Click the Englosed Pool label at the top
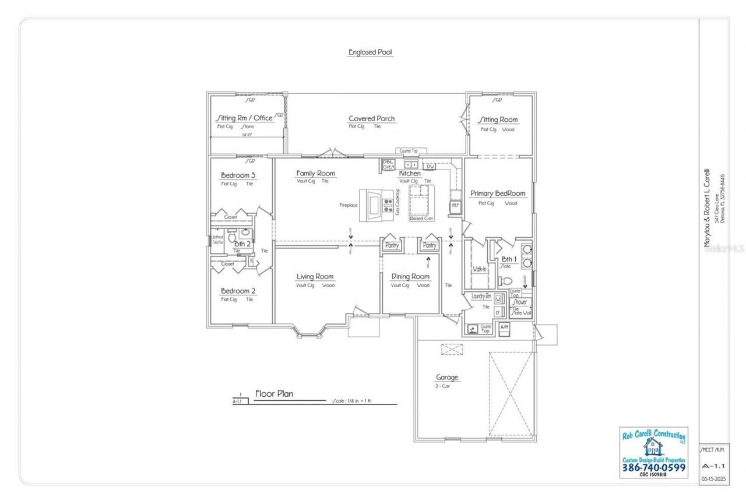pos(371,52)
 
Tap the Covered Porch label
pos(371,118)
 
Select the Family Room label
pos(315,173)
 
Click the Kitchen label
pos(410,173)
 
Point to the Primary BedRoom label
pos(498,193)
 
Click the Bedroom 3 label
pos(238,175)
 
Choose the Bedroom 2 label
pos(238,291)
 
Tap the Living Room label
pos(315,277)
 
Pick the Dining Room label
pos(410,277)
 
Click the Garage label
pos(447,377)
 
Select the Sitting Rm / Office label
pos(244,118)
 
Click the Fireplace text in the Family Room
pos(349,205)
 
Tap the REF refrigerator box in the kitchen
pos(455,205)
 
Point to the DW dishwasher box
pos(430,167)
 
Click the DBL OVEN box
pos(389,164)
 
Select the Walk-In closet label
pos(479,269)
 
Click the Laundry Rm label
pos(481,297)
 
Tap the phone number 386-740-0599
pos(654,467)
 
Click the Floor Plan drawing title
pos(274,394)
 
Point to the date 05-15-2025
pos(713,479)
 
